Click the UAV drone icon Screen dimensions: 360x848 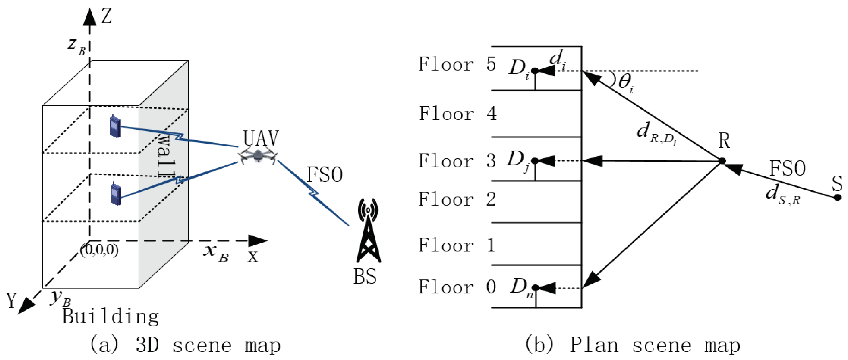coord(258,156)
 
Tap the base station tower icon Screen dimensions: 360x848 coord(368,230)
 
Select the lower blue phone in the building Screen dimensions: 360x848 coord(115,193)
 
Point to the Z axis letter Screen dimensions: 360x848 coord(106,17)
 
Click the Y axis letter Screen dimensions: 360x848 coord(12,300)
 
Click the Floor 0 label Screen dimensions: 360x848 coord(457,287)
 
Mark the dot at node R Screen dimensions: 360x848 coord(722,161)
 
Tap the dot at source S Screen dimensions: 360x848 coord(837,198)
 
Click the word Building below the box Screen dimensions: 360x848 coord(111,317)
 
